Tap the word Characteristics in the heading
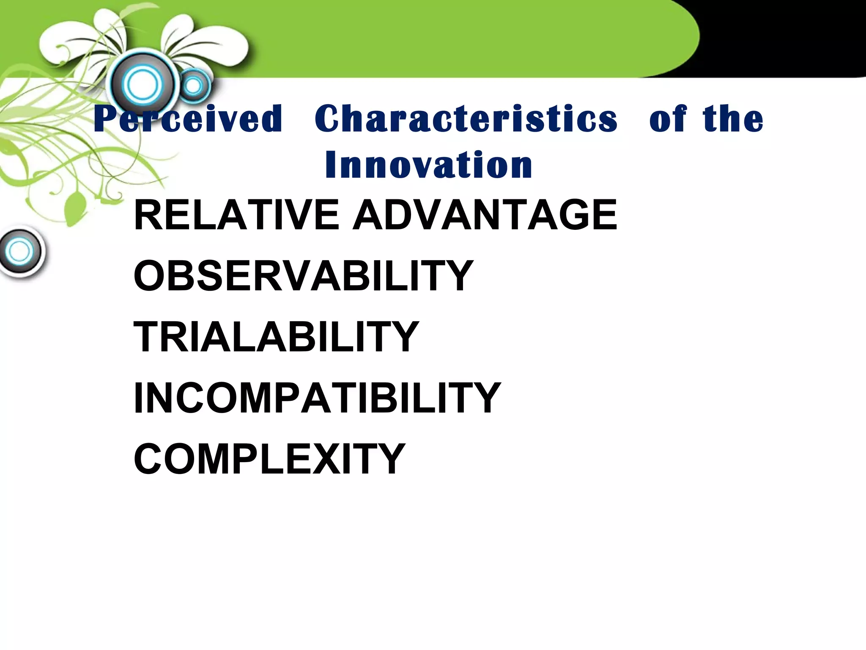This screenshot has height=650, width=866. tap(466, 119)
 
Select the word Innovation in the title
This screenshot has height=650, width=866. tap(428, 165)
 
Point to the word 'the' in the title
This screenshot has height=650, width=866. tap(733, 119)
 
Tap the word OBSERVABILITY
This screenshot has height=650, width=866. tap(303, 276)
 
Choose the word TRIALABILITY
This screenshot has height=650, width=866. tap(276, 337)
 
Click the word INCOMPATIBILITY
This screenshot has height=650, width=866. tap(317, 398)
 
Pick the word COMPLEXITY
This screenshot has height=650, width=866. tap(269, 459)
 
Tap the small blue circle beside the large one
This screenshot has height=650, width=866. tap(194, 86)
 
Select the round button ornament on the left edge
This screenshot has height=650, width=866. tap(20, 252)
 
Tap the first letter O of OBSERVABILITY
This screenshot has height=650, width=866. tap(151, 276)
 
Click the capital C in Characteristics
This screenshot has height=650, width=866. tap(330, 119)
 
